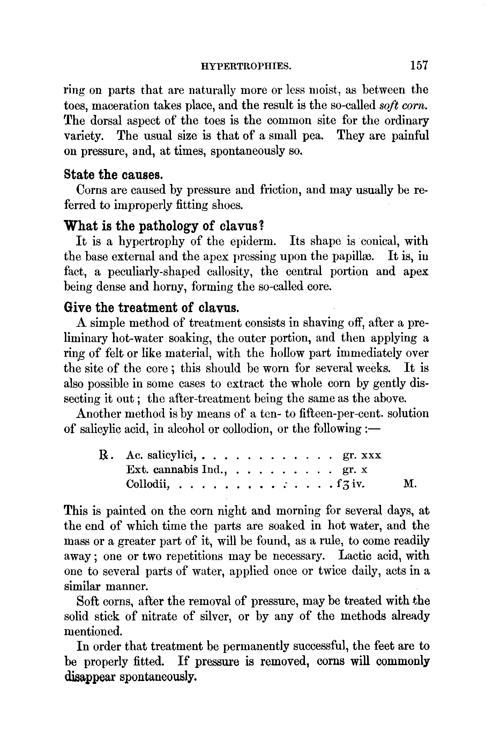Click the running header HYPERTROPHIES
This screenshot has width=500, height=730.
point(246,66)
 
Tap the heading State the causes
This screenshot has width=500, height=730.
point(114,174)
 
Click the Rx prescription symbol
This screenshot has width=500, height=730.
point(105,455)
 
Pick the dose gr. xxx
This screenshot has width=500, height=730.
point(362,455)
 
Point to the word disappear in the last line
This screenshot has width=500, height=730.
point(90,677)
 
